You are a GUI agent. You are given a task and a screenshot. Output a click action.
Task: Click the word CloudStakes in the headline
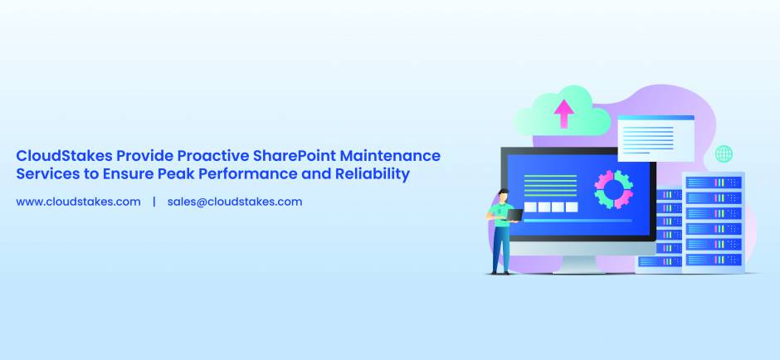(63, 156)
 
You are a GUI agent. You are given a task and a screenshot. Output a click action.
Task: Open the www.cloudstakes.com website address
(78, 202)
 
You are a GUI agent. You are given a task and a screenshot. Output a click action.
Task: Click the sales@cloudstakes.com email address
(234, 202)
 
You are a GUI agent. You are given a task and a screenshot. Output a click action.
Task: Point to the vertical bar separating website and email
(154, 202)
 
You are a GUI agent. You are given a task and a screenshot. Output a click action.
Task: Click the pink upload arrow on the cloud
(564, 113)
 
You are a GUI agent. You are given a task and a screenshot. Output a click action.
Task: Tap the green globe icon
(724, 154)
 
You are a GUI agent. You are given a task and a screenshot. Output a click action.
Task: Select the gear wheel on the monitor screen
(614, 190)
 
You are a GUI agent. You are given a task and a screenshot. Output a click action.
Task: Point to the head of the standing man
(503, 196)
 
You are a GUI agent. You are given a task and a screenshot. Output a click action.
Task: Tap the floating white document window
(655, 137)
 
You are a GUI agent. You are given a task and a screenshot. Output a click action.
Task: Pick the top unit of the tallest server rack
(713, 182)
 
